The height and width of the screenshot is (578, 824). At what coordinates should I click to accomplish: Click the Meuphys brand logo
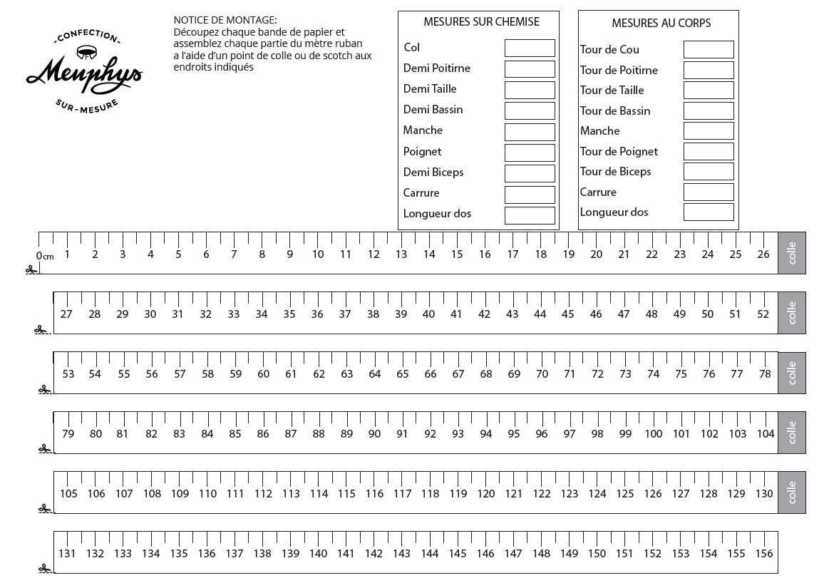point(84,70)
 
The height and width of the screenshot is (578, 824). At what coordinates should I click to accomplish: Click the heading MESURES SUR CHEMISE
point(481,22)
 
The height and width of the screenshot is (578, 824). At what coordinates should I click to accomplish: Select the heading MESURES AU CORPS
point(661,24)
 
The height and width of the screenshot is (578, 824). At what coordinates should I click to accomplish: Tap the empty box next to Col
point(530,48)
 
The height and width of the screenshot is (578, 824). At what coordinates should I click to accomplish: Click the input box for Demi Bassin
point(530,110)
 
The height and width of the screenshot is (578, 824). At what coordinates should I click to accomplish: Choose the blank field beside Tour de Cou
point(709,50)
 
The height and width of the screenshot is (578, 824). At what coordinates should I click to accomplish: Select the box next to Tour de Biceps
point(709,172)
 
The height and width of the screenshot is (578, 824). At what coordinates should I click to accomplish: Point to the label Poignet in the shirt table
point(422,151)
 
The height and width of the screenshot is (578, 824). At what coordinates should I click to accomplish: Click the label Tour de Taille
point(612,91)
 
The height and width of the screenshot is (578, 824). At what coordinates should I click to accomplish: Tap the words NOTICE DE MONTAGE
point(225,20)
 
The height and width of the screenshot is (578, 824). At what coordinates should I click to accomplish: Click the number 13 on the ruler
point(401,254)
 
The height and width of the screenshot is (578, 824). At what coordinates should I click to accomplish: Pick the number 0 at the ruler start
point(39,256)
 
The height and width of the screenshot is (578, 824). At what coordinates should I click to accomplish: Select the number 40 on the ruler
point(428,314)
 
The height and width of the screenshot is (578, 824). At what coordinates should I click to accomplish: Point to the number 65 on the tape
point(403,374)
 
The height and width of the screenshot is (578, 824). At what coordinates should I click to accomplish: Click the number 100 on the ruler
point(654,434)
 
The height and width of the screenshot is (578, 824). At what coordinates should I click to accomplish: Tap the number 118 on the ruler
point(430,494)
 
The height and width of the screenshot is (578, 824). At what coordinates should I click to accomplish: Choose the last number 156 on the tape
point(763,554)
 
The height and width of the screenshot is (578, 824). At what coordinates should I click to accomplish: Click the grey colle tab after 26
point(792,253)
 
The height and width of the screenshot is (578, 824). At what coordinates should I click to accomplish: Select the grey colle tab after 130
point(792,492)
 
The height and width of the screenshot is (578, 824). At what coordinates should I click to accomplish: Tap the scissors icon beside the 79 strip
point(45,449)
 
